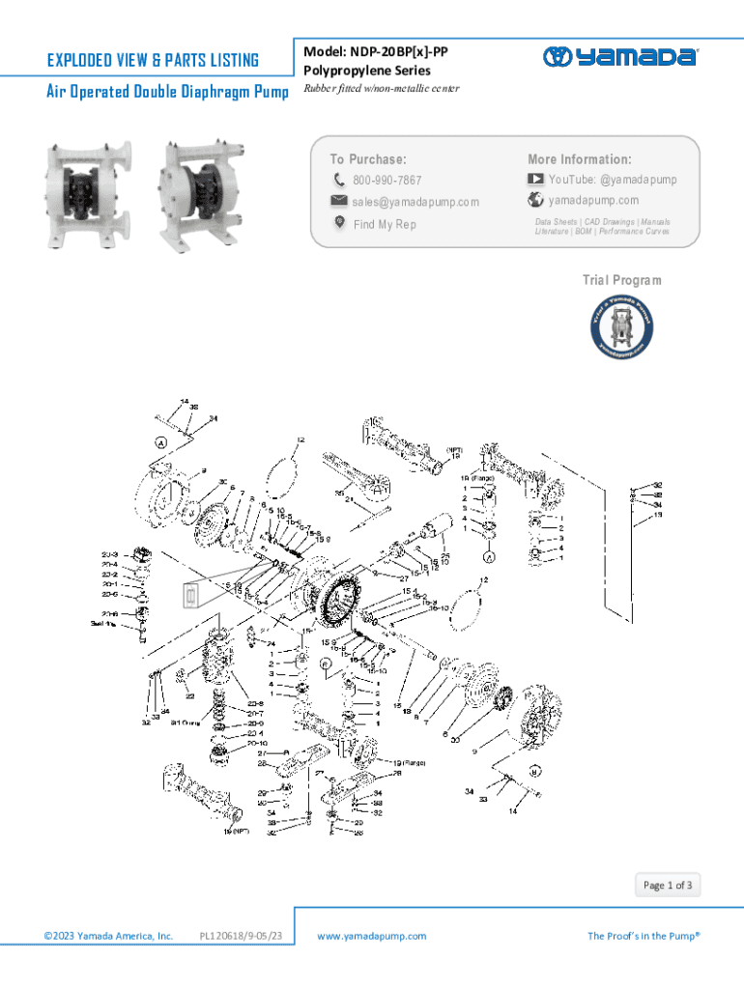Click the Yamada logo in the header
(619, 57)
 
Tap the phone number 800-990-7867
(386, 181)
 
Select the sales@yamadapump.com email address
(415, 202)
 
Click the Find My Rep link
(385, 224)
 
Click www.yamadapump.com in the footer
(371, 936)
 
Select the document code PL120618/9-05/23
(240, 936)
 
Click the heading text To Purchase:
(368, 159)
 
